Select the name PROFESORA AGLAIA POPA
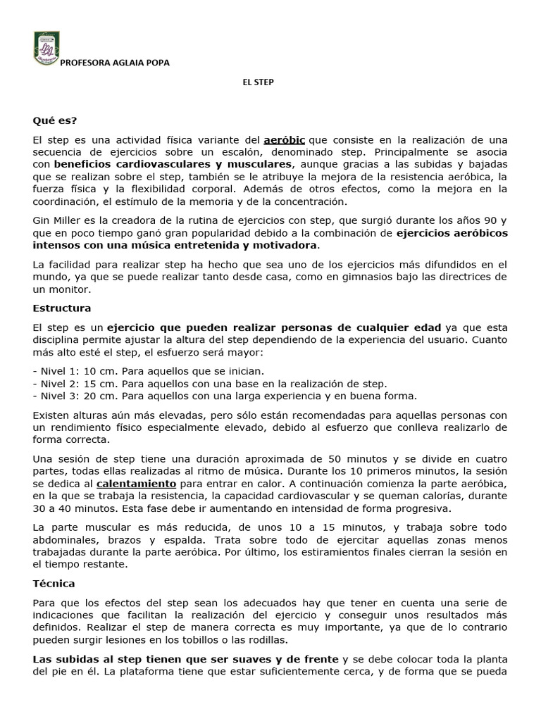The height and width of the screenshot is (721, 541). (116, 63)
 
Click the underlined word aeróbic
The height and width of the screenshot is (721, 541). (285, 140)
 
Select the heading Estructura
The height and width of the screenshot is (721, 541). (62, 308)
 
